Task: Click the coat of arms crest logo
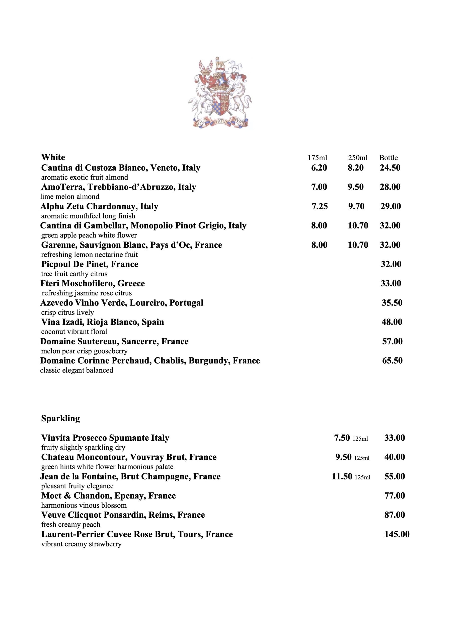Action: pyautogui.click(x=220, y=93)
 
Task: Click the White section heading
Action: pyautogui.click(x=53, y=157)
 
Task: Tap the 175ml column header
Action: pyautogui.click(x=317, y=158)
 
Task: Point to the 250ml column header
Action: pyautogui.click(x=358, y=158)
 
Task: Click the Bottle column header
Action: pyautogui.click(x=388, y=158)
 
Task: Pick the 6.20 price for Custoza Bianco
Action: pyautogui.click(x=319, y=168)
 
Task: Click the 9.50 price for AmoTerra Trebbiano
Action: pyautogui.click(x=355, y=187)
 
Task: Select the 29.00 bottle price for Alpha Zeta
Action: pyautogui.click(x=391, y=206)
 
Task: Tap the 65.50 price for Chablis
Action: pyautogui.click(x=392, y=361)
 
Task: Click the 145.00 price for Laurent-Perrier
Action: pyautogui.click(x=397, y=534)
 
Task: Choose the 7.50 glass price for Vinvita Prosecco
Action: pyautogui.click(x=342, y=438)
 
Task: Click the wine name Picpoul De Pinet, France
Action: pyautogui.click(x=90, y=264)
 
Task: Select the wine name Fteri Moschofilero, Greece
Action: pyautogui.click(x=93, y=284)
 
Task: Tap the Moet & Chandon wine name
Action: pyautogui.click(x=109, y=496)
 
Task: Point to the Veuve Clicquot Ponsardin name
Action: pyautogui.click(x=123, y=515)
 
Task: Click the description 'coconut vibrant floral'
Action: pyautogui.click(x=74, y=332)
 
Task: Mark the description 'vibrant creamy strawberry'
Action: pyautogui.click(x=82, y=544)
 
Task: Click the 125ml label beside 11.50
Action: pyautogui.click(x=362, y=477)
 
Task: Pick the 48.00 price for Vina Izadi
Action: pyautogui.click(x=392, y=322)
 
